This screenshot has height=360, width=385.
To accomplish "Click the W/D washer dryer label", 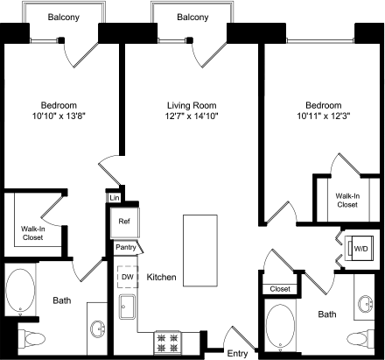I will (x=359, y=250).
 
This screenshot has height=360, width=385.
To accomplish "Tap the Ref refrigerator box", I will (x=123, y=222).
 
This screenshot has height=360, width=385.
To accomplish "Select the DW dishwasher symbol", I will (x=128, y=276).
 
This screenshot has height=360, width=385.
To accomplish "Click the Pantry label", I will (x=125, y=248).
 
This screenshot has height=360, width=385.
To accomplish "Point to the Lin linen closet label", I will (x=114, y=199).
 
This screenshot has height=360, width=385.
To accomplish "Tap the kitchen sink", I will (x=128, y=307).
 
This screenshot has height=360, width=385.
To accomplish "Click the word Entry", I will (x=237, y=353).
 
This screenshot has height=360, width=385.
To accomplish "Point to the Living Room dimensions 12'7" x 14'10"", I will (x=191, y=108).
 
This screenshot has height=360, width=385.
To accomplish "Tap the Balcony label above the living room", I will (x=192, y=18).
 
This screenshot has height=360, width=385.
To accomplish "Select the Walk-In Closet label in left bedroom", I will (x=33, y=234).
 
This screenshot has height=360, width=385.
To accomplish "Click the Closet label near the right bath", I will (x=280, y=289).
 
